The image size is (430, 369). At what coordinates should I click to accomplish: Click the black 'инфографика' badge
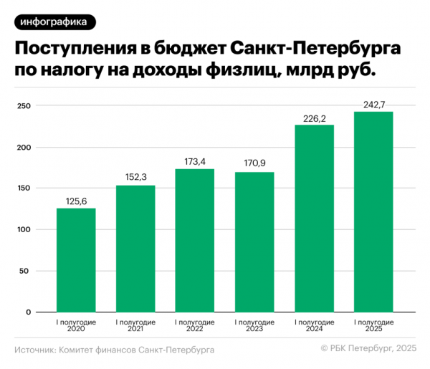click(x=54, y=22)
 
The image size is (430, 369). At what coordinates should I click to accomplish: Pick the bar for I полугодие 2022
click(x=195, y=241)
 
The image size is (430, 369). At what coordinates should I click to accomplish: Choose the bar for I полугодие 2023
click(x=254, y=242)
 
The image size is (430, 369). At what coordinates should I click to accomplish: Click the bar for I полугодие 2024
click(x=314, y=219)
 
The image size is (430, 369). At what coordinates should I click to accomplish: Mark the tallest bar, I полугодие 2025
click(x=373, y=212)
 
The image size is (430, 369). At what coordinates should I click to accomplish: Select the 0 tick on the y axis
click(x=28, y=312)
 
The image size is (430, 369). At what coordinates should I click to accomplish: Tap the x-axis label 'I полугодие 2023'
click(x=254, y=327)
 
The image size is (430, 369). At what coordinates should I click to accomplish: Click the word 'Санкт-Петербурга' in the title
click(x=316, y=49)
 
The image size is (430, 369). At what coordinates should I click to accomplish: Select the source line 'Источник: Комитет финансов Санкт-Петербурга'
click(x=114, y=350)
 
